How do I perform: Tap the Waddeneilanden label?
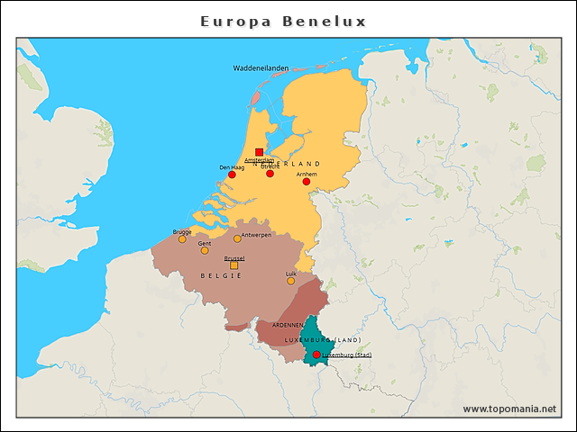point(261,68)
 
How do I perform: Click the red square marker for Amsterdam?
point(259,152)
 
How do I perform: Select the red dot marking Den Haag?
point(232,175)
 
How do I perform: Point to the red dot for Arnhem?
point(306,182)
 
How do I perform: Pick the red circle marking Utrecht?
point(270,174)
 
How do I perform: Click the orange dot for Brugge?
point(182,239)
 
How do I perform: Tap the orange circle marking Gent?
point(205,250)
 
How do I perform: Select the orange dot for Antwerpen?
point(237,238)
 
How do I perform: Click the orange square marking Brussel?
point(234,265)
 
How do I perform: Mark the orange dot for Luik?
point(290,281)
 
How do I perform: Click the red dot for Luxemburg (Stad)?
point(316,355)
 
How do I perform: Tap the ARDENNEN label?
point(288,325)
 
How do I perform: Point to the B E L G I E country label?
point(221,275)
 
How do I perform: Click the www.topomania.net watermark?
point(509,409)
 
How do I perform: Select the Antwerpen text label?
point(257,235)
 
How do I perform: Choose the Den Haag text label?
point(232,166)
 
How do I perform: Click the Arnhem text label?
point(307,174)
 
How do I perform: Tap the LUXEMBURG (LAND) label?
point(323,340)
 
